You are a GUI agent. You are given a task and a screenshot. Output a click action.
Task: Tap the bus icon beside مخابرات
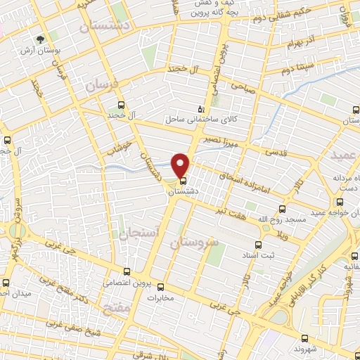(x=160, y=286)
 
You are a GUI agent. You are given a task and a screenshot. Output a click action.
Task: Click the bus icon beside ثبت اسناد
(x=258, y=245)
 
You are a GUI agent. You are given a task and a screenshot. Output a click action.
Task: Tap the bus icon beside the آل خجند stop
(x=121, y=103)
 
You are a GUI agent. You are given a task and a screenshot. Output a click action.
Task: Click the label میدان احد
(x=14, y=292)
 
